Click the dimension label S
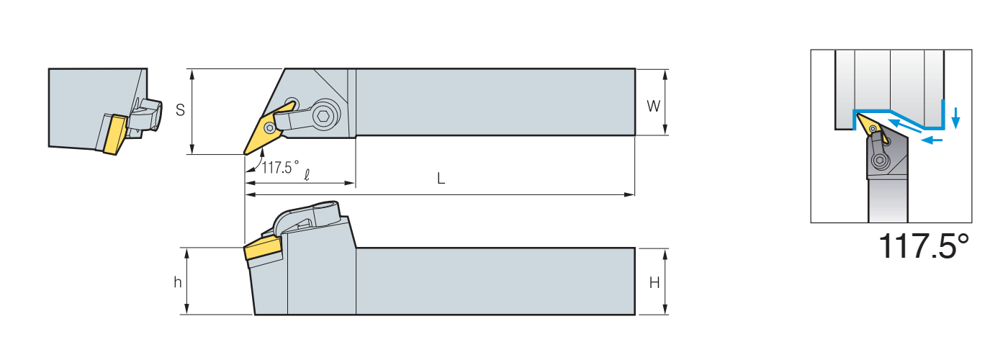click(181, 110)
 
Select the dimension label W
click(653, 107)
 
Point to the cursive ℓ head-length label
click(307, 174)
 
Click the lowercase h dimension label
click(177, 282)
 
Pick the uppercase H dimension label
click(654, 283)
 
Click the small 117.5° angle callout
click(279, 168)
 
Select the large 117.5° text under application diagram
click(924, 247)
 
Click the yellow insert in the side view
click(262, 250)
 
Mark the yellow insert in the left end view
click(112, 134)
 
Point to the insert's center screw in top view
click(269, 127)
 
